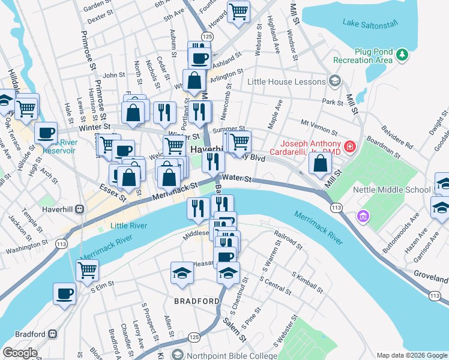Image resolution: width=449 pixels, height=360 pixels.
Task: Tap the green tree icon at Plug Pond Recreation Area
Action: tap(402, 56)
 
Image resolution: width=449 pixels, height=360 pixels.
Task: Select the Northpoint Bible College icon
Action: tap(176, 356)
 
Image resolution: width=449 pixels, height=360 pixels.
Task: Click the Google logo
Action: tap(20, 353)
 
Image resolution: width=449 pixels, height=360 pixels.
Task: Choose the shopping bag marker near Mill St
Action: tap(321, 162)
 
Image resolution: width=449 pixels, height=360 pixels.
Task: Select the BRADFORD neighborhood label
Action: tap(196, 301)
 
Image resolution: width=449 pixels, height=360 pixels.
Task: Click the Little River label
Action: tap(128, 226)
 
